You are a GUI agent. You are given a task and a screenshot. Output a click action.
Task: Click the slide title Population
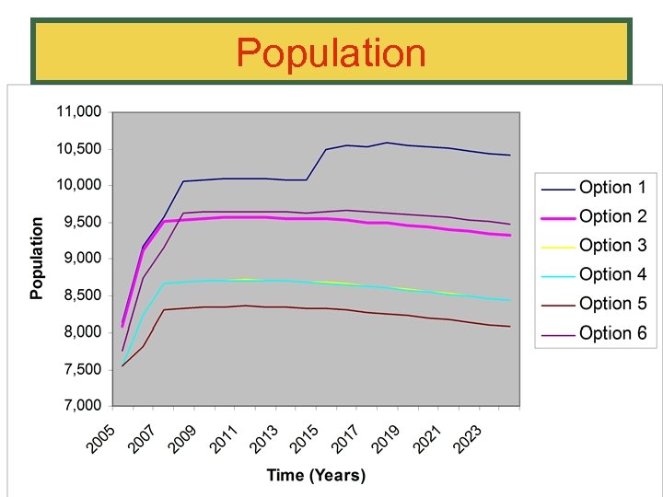[331, 53]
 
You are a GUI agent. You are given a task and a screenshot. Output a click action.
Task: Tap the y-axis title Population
[37, 259]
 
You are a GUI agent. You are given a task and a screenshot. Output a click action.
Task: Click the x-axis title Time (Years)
[316, 475]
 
